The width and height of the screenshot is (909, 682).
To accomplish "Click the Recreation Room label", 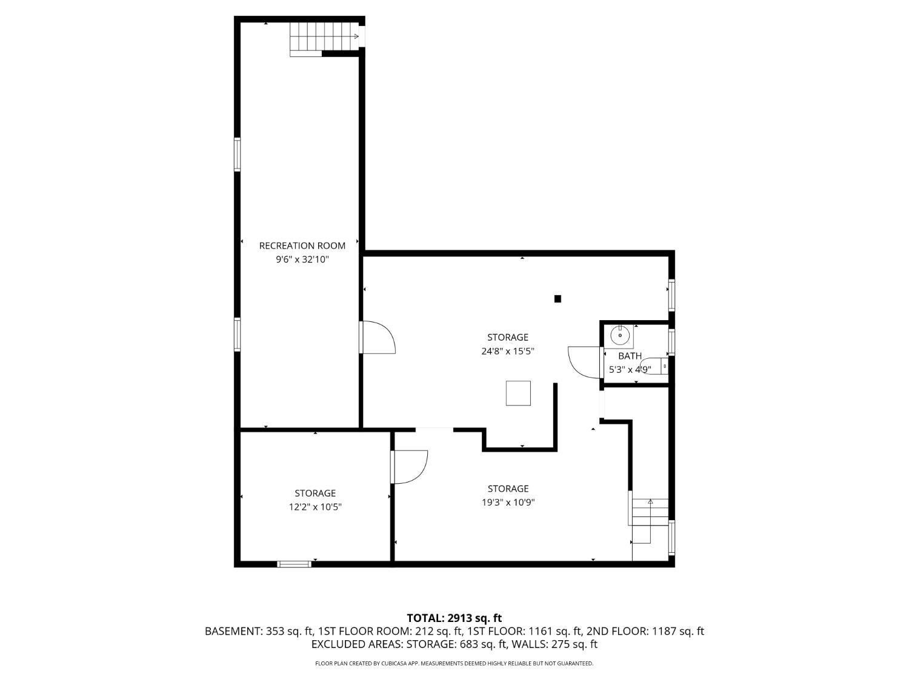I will point(302,246).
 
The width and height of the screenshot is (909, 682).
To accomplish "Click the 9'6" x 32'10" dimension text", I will point(302,259).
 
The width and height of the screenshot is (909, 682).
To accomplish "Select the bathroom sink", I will point(620,335).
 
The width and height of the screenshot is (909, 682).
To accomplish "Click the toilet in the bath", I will point(655,366).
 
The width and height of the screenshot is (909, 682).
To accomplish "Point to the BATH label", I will point(630,356).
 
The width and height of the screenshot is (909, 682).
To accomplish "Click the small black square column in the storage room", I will point(558,298).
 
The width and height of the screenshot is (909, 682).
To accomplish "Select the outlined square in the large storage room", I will point(518,393).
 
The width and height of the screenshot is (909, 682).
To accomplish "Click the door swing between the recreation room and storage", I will point(377,338).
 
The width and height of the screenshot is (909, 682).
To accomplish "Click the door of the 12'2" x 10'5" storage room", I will point(409,467).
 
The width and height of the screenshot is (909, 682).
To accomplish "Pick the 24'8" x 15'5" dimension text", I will point(508,351).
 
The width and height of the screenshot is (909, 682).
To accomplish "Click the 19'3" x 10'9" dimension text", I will point(508,502).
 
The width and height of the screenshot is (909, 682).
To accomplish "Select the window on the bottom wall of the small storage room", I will point(294,564).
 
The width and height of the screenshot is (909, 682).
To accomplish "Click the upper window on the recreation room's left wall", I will point(238,155).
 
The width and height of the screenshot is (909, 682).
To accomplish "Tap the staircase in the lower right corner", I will point(650,521).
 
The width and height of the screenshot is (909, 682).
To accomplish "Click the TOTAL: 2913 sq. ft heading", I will point(454,618).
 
